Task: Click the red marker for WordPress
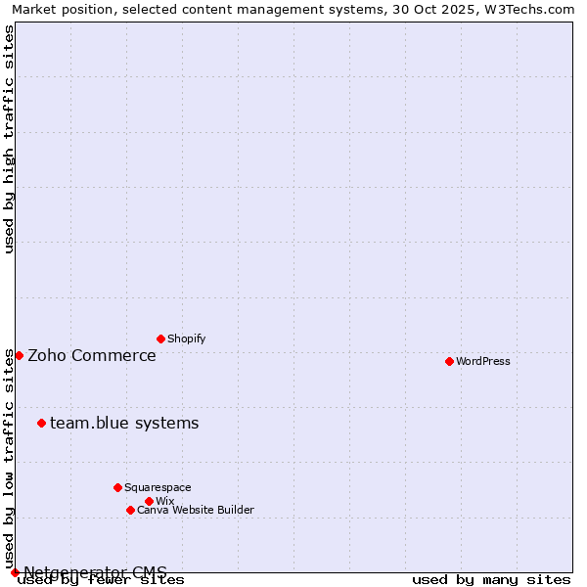(449, 361)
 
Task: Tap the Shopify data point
(160, 339)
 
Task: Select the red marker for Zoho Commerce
(19, 355)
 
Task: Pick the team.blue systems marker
(41, 423)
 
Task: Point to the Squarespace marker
(117, 487)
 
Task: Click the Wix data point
(149, 501)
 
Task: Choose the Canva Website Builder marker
(130, 510)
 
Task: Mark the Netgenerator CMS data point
(15, 572)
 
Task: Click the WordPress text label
(483, 361)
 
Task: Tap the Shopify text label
(186, 339)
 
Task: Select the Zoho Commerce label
(92, 355)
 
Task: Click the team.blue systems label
(124, 423)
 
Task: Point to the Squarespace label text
(158, 487)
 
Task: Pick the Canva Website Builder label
(196, 510)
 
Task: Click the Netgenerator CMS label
(95, 572)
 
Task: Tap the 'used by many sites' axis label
(491, 580)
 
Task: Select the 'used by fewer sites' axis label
(101, 580)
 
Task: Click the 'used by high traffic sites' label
(9, 139)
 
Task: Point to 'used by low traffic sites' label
(9, 458)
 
